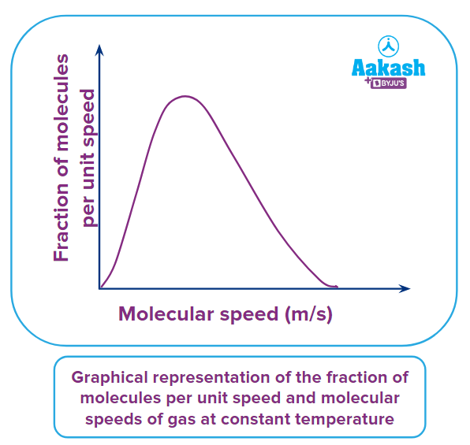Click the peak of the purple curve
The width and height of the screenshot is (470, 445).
184,96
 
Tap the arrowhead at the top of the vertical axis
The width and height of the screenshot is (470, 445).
99,50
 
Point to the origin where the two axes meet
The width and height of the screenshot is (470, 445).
99,288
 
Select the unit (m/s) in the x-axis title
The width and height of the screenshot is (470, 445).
307,313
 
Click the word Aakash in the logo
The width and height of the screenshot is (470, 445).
388,68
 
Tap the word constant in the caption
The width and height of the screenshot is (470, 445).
265,418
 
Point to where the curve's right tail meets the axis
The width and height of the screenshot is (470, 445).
335,287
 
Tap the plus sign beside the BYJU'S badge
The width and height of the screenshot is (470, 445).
368,82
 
